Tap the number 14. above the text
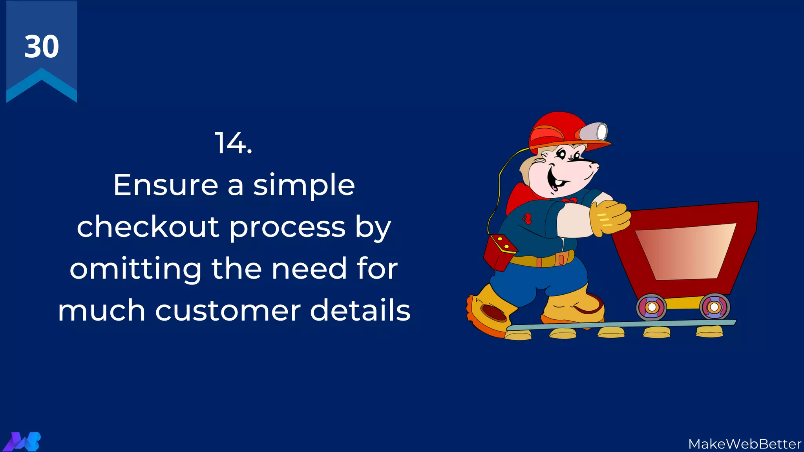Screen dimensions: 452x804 [x=233, y=144]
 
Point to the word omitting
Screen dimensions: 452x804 [x=135, y=269]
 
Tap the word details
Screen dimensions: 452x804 [x=360, y=310]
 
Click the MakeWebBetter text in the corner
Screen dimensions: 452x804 [x=744, y=444]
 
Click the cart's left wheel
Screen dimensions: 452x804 [x=651, y=307]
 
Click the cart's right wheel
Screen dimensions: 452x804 [x=714, y=306]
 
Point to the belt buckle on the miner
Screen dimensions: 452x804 [x=561, y=259]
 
